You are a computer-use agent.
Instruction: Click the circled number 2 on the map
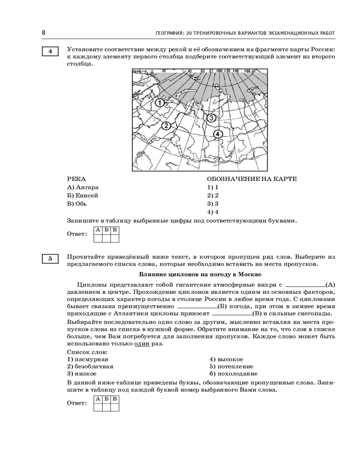pos(166,126)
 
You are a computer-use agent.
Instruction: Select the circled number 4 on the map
pos(217,134)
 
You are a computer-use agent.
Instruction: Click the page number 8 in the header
pos(44,32)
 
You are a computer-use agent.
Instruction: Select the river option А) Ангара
pos(82,187)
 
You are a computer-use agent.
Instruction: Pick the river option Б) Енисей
pos(82,195)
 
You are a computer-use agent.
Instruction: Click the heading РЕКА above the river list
pos(76,179)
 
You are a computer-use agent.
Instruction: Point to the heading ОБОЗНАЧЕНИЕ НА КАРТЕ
pos(252,179)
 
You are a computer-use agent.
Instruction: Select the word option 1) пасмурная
pos(87,359)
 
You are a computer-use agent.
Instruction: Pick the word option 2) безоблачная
pos(90,366)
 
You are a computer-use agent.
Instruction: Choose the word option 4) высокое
pos(226,359)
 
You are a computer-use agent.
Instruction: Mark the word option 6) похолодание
pos(234,373)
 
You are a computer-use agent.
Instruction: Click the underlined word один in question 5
pos(142,344)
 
